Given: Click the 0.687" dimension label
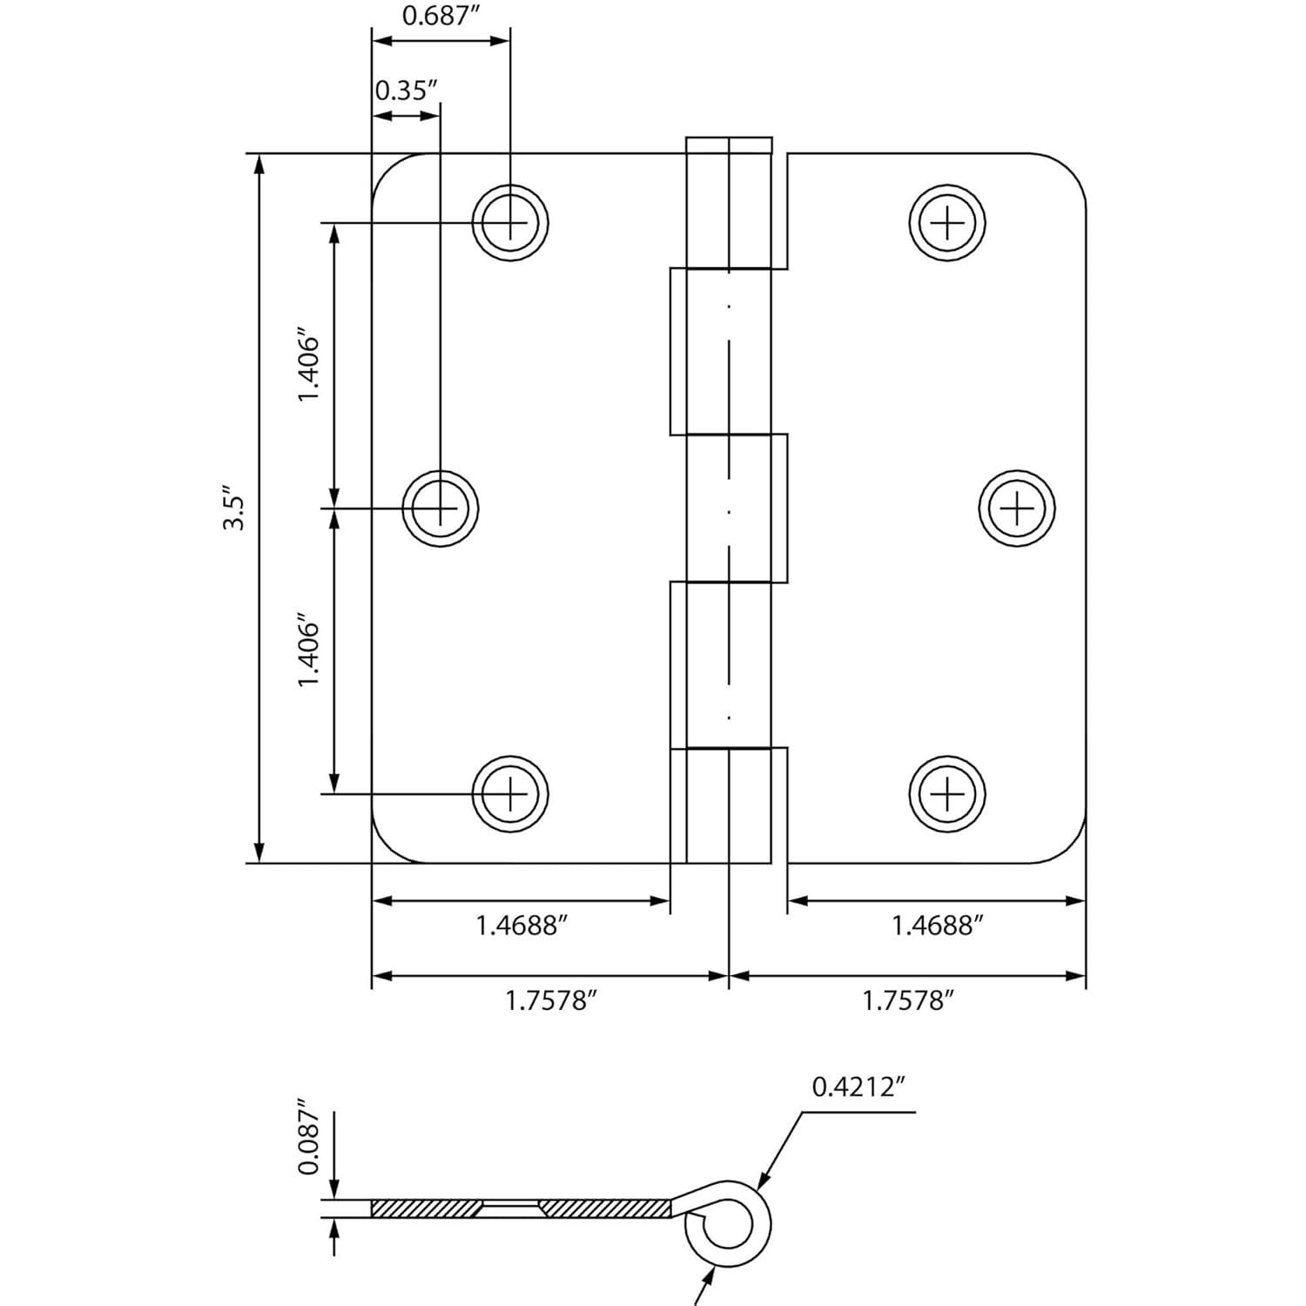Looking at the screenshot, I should point(439,16).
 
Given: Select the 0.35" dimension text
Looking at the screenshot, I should point(405,91).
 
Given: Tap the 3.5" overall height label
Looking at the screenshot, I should point(234,513).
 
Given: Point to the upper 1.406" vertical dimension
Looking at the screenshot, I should point(309,365).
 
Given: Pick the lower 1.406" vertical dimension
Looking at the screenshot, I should point(309,651).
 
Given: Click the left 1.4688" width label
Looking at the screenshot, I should point(522,926).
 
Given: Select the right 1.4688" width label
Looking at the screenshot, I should point(937,926).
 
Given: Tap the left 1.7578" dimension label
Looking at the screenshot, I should point(551,1001).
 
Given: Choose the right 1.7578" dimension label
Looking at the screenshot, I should point(908,1001).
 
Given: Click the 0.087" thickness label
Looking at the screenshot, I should point(309,1141).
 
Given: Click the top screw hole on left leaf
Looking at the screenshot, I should point(510,223).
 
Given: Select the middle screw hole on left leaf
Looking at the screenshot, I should point(440,508).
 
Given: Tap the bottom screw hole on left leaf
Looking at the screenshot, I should point(510,794).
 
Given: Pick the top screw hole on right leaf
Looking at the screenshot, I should point(947,223).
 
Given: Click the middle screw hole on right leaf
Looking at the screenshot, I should point(1017,508).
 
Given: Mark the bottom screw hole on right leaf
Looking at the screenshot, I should point(947,794).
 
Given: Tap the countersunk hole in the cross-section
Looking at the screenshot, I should point(511,1208).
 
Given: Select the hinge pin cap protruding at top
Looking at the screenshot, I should point(729,145).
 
